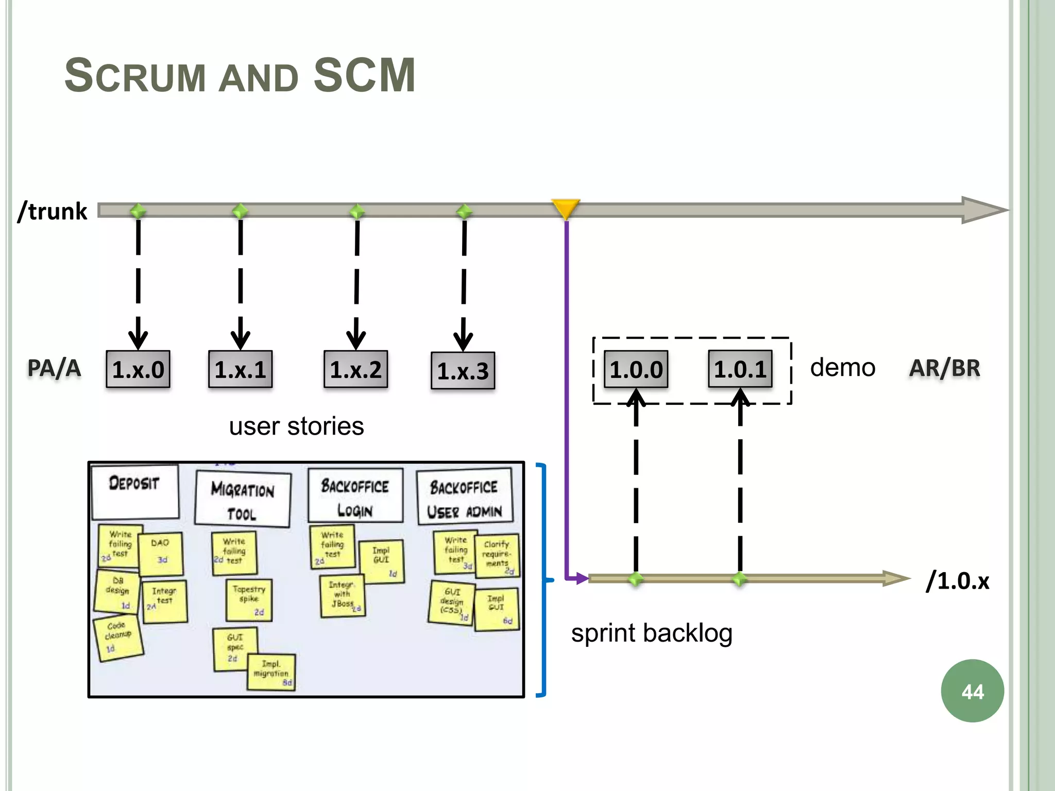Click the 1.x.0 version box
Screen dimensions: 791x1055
click(x=138, y=369)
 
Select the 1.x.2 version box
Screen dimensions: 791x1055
click(x=355, y=369)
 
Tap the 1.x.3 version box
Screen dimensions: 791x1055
click(x=463, y=371)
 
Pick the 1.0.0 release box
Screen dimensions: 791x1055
click(x=636, y=369)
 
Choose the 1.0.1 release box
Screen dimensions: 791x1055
click(x=740, y=369)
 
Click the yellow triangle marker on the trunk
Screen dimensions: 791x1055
click(x=566, y=208)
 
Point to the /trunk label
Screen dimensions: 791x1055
click(x=53, y=211)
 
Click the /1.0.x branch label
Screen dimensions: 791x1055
click(x=957, y=580)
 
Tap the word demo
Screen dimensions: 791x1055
click(x=842, y=368)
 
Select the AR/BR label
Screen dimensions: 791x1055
click(x=944, y=368)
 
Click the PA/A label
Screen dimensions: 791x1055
click(x=54, y=368)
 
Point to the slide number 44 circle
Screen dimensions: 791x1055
click(x=972, y=691)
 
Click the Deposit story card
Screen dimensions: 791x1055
click(x=135, y=491)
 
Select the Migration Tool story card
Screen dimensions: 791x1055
click(x=243, y=499)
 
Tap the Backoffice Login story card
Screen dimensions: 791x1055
click(x=355, y=496)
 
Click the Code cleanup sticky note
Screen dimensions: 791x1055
click(x=118, y=638)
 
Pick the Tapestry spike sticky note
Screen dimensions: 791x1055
click(x=249, y=599)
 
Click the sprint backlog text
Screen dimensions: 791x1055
click(x=651, y=633)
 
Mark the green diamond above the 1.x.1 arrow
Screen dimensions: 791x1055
click(x=240, y=211)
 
